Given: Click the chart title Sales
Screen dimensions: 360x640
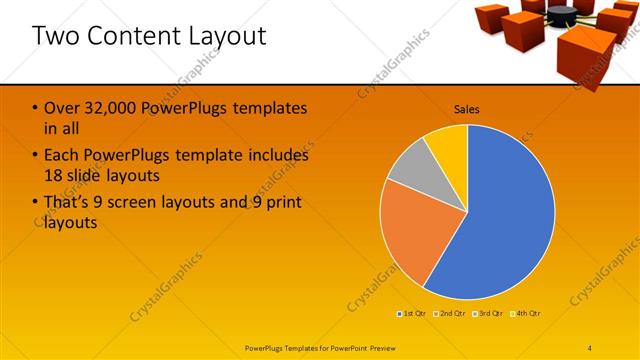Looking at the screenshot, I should [467, 108].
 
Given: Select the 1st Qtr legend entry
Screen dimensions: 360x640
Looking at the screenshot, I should [413, 313].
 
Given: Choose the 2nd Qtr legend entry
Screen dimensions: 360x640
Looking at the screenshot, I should [451, 313].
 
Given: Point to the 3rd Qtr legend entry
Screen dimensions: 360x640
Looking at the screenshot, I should [489, 313].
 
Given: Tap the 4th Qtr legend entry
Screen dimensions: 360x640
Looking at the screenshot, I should [526, 313].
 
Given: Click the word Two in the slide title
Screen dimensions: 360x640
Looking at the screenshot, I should [56, 36].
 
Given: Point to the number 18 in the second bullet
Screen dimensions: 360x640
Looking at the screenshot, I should [55, 175].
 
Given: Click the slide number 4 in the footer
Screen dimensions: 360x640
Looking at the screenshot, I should [589, 347].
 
